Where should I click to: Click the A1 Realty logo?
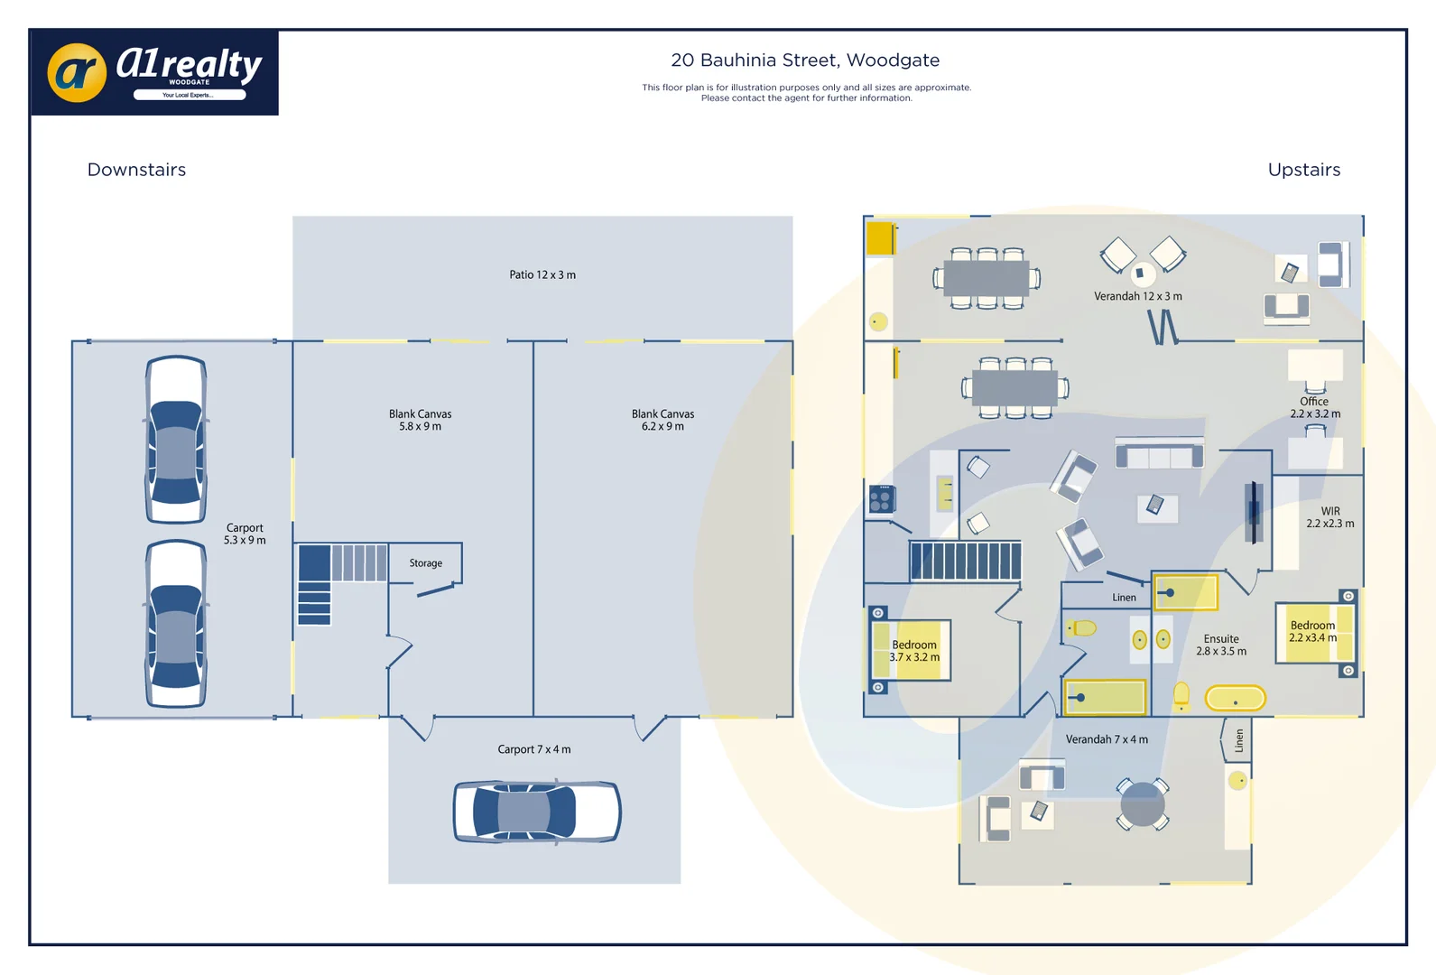(154, 72)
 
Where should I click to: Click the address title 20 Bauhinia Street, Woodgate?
(805, 60)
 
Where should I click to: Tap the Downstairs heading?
(136, 170)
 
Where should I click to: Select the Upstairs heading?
(1304, 170)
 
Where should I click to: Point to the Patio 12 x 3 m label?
(542, 274)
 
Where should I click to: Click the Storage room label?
(426, 562)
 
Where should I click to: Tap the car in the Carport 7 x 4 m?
(537, 811)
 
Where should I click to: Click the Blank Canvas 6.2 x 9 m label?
(662, 420)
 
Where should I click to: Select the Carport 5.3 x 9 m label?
(245, 534)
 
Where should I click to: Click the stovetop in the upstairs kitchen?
(882, 498)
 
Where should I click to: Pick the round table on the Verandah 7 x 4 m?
(1142, 803)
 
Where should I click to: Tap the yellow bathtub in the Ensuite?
(1236, 698)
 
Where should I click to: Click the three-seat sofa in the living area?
(1159, 453)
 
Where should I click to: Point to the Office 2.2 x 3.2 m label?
(1315, 407)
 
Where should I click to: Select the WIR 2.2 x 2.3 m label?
(1330, 516)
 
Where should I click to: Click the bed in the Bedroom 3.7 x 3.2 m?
(911, 650)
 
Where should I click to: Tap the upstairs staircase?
(965, 561)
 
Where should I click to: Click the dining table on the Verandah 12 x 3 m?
(986, 278)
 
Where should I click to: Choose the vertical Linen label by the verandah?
(1238, 740)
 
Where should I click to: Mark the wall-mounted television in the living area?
(1253, 512)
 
